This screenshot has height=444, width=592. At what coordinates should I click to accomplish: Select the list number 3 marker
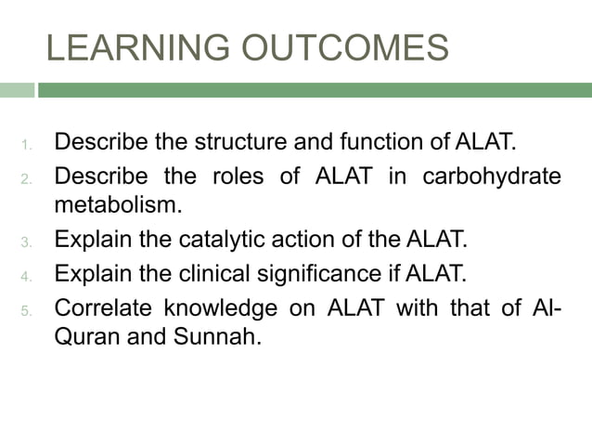[x=27, y=243]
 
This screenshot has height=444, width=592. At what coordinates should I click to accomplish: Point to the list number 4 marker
[x=27, y=276]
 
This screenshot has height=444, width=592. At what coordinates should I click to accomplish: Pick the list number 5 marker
[x=27, y=309]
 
